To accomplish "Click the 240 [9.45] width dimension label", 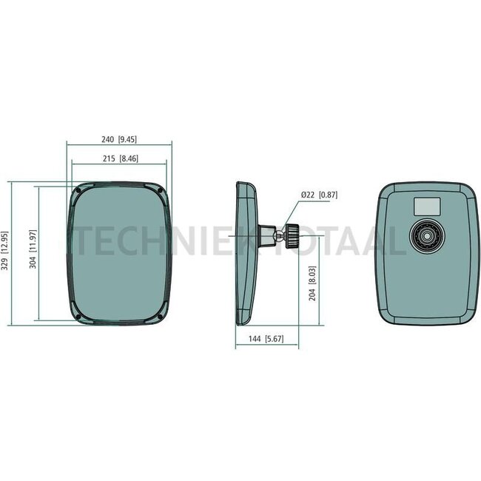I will tap(120, 138).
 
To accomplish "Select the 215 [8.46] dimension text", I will tap(119, 158).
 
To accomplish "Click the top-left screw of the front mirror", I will tap(78, 192).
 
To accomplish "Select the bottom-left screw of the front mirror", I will tap(78, 319).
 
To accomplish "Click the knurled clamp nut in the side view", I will tap(292, 235).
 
